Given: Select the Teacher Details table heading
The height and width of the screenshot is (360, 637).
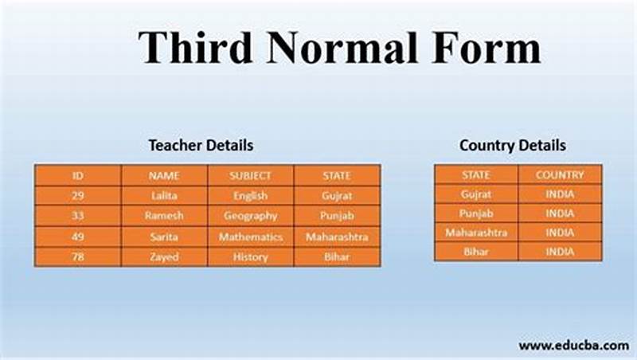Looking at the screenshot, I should coord(201,146).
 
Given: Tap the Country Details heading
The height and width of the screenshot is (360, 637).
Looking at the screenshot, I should coord(513,146).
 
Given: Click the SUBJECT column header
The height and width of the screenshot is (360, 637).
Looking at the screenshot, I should coord(250,175).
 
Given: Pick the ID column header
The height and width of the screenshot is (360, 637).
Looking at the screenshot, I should coord(78,175).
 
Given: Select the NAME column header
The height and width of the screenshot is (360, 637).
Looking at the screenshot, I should coord(164,175).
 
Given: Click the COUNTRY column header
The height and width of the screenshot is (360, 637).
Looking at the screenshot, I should coord(560,174).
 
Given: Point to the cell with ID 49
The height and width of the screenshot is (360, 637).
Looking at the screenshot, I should coord(78,237).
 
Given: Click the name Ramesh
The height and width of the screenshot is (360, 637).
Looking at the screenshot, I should coord(164,216).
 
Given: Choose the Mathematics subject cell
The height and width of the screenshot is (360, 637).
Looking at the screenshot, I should coord(251,237).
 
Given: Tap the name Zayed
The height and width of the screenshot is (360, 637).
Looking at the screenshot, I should coord(164,257).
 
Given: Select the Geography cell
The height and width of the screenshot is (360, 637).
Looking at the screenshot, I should coord(251,216).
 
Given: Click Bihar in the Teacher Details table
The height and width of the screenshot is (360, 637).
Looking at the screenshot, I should coord(337,257).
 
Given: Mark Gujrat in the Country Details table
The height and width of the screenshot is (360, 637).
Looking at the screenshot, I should coord(476,194).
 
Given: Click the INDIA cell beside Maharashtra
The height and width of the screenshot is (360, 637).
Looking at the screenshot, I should coord(560,233).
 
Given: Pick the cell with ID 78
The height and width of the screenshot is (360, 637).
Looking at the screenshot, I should coord(78,257).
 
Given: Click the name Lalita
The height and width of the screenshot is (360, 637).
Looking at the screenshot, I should coord(164,195).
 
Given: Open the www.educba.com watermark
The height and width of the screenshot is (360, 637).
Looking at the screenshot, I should coord(573,345).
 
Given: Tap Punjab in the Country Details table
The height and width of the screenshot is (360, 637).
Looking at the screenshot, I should coord(476,213).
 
